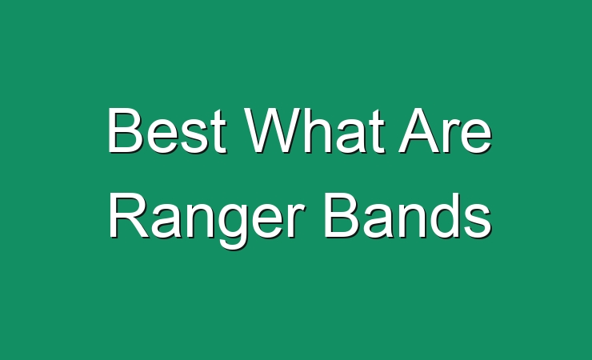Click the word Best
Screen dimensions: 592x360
coord(167,130)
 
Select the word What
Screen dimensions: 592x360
coord(315,130)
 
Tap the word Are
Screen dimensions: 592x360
coord(446,130)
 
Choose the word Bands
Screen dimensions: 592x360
coord(408,215)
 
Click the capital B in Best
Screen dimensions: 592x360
coord(125,130)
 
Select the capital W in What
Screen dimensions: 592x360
coord(273,130)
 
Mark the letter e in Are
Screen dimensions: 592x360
coord(477,135)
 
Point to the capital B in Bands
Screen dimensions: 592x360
coord(341,215)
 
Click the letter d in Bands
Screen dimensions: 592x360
coord(444,215)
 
